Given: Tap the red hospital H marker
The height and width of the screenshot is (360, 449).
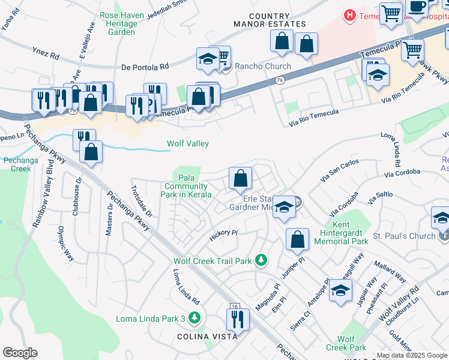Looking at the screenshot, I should [349, 14].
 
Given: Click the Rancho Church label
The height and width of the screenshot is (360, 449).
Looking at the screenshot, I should [262, 66].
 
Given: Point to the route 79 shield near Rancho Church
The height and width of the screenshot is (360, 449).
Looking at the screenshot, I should [280, 80].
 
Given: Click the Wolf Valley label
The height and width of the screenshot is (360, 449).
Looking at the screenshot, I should [187, 143].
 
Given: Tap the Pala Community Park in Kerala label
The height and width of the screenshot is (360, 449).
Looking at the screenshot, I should [187, 186].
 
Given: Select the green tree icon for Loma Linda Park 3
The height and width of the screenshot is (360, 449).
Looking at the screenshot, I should [194, 317].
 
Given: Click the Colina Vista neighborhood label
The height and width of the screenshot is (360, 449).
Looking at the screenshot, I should [207, 337].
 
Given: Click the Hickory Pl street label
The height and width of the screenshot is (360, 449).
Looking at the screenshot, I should [224, 235].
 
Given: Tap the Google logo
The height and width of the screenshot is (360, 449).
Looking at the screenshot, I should [20, 353].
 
